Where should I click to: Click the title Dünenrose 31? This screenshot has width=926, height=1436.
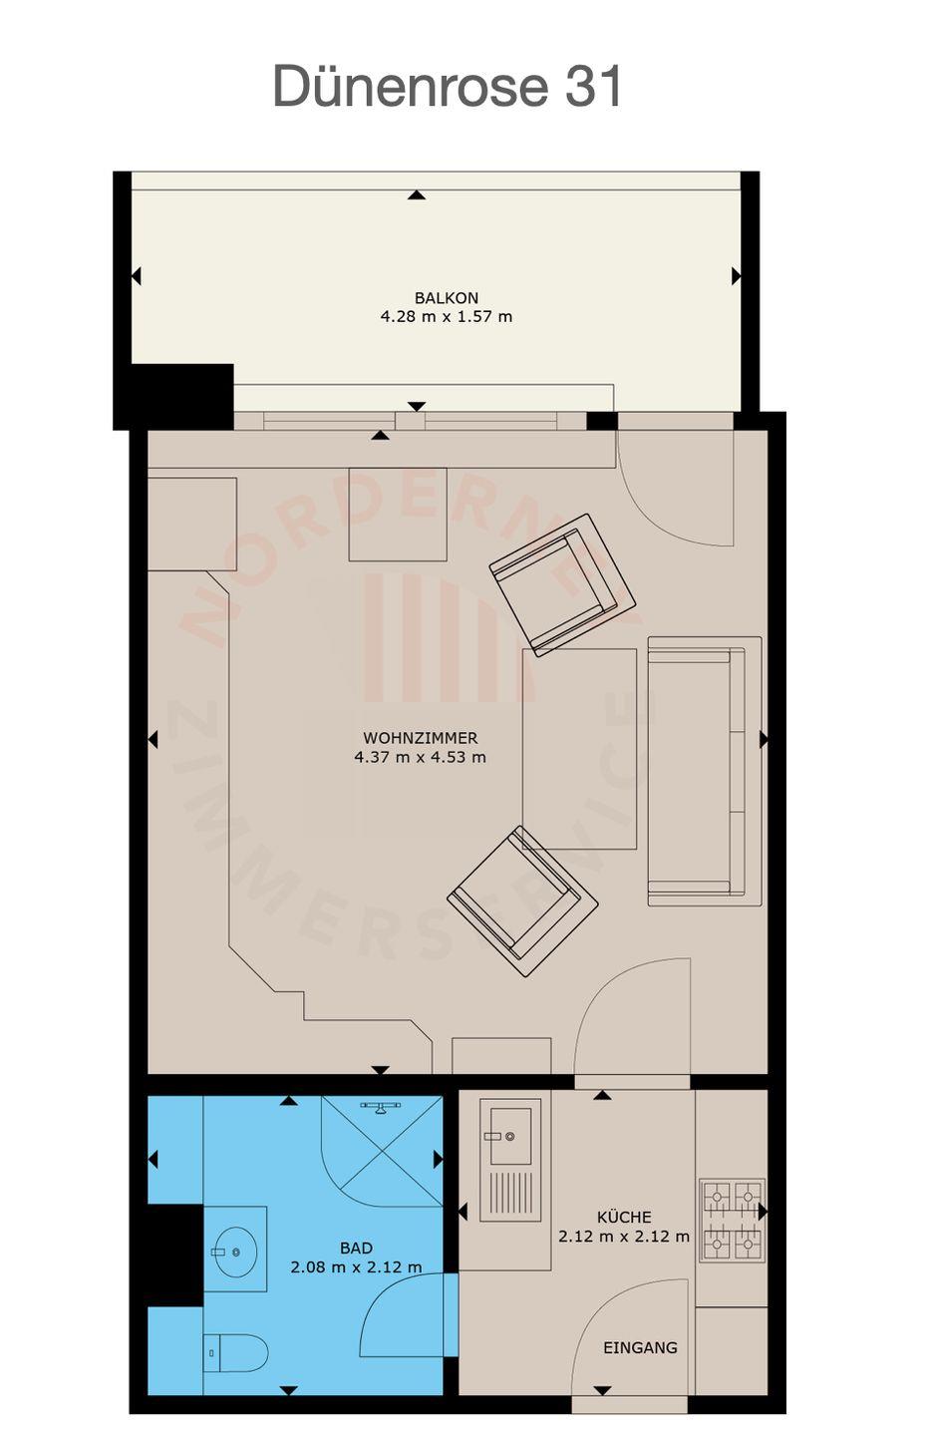pos(448,86)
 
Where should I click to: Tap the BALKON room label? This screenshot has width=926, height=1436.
pos(446,297)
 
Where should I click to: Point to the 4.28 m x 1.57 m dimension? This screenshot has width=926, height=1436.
pos(446,316)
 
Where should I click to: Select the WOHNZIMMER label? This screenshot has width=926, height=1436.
pos(420,738)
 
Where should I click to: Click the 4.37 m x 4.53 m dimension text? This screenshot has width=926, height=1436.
pos(420,757)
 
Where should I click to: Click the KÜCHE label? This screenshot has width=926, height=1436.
pos(624,1217)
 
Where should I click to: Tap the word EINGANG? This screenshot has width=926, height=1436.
pos(640,1347)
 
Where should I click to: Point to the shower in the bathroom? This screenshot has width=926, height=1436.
pos(382,1152)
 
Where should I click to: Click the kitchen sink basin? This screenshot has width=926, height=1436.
pos(510,1136)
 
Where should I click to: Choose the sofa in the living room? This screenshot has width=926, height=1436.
pos(705,771)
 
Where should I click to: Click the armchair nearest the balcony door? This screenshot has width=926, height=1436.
pos(562,584)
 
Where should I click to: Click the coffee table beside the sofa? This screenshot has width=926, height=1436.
pos(579,749)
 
